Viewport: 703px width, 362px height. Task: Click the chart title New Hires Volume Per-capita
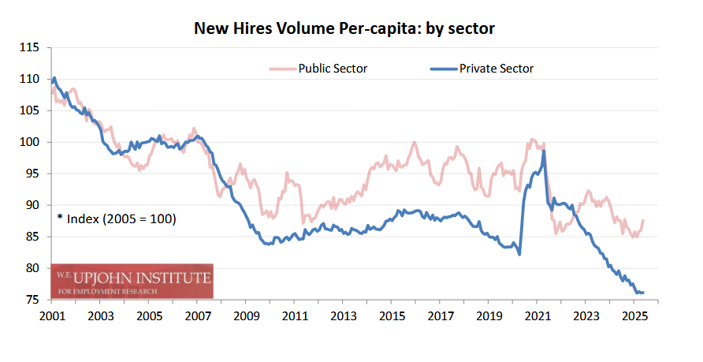pos(344,29)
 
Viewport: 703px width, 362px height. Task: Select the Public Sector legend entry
pos(332,69)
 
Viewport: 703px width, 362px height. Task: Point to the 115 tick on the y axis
pos(31,47)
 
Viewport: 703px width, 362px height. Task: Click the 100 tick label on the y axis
pos(31,142)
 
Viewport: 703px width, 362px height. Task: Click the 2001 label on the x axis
pos(51,316)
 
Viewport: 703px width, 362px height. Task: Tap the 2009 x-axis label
pos(245,316)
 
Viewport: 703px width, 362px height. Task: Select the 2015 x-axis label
pos(391,316)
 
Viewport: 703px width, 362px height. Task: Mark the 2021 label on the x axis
pos(537,316)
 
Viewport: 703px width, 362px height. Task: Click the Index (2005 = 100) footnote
pos(116,218)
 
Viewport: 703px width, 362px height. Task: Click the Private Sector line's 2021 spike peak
pos(544,152)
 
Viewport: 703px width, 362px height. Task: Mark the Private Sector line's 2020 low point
pos(519,254)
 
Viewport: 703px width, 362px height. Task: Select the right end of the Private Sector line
pos(643,293)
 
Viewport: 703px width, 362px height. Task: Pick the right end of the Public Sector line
pos(643,221)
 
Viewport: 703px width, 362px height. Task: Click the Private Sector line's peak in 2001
pos(54,78)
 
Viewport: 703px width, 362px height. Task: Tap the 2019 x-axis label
pos(488,316)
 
